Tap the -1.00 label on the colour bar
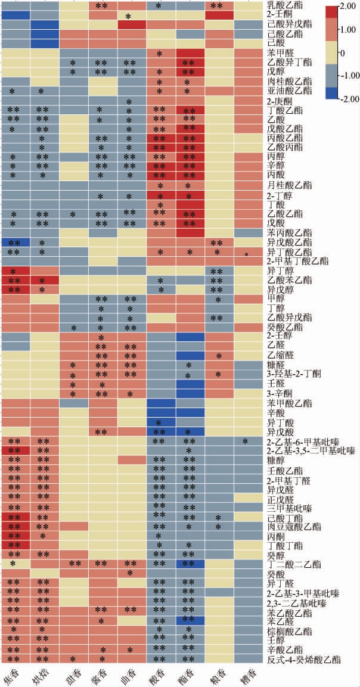coord(347,76)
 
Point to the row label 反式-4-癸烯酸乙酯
coord(305,659)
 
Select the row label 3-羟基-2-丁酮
coord(294,374)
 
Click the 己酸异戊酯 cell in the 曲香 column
coord(132,25)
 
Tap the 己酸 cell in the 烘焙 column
coord(44,43)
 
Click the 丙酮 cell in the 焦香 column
coord(15,536)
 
